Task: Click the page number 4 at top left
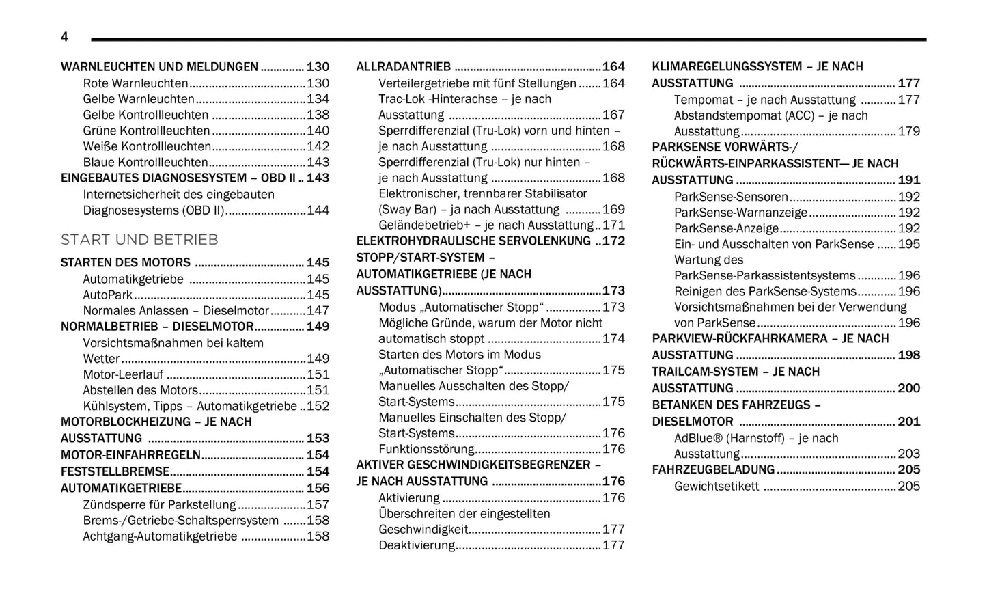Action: click(64, 37)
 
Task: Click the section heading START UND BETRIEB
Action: click(139, 240)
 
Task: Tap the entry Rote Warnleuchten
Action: click(135, 83)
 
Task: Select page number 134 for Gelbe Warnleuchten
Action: click(318, 99)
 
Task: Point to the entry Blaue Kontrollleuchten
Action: click(145, 162)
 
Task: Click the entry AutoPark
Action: click(108, 295)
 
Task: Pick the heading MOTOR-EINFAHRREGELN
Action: click(130, 455)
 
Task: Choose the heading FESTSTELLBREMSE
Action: click(115, 471)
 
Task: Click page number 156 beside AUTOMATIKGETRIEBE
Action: click(318, 488)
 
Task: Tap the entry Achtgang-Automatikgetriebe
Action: click(160, 536)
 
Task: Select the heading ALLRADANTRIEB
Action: click(404, 67)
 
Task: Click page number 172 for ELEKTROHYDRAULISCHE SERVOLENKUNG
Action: click(613, 241)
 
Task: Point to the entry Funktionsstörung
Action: click(426, 449)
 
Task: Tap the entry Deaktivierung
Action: click(417, 545)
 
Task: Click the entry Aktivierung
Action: click(409, 497)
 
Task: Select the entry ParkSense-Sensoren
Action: click(731, 197)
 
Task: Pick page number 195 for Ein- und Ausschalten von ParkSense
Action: click(909, 244)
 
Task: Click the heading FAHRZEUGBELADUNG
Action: click(713, 469)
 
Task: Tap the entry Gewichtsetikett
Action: click(717, 486)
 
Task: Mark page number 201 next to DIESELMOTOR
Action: click(909, 422)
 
